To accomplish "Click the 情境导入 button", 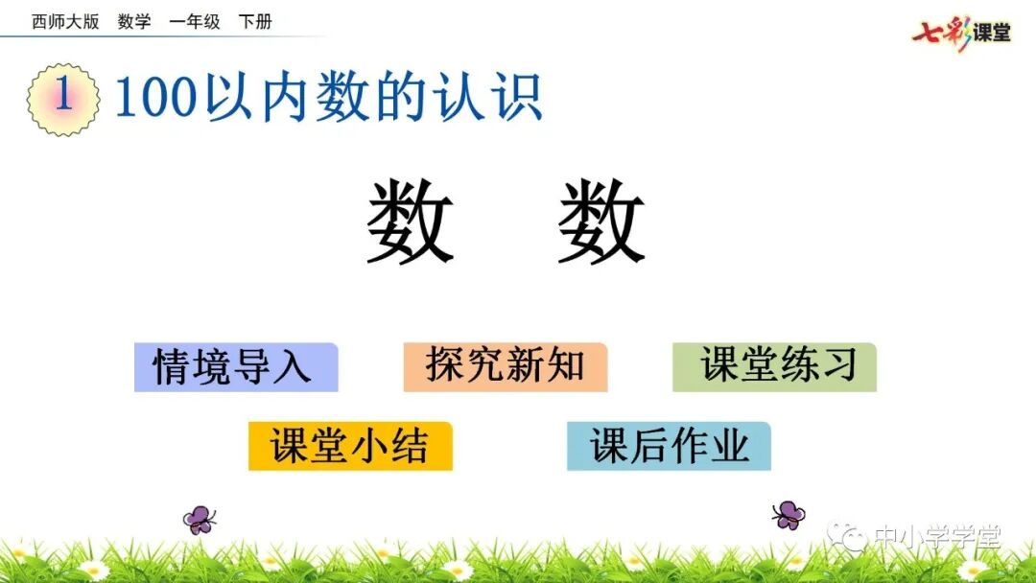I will point(235,367).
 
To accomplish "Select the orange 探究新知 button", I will point(506,367).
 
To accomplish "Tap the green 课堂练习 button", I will point(775,367).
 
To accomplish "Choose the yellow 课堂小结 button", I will point(350,446).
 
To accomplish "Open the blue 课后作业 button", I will point(669,446).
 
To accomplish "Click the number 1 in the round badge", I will point(63,98).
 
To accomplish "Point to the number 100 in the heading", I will point(155,98).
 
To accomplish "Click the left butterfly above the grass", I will point(200,520).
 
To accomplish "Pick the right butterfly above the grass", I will point(789,515).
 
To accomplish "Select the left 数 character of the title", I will point(410,223).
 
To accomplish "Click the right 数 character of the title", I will point(601,223).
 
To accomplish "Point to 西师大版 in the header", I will point(65,22).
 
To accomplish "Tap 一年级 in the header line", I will point(195,22).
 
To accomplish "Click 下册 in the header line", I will point(255,22).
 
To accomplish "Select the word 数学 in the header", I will point(134,22).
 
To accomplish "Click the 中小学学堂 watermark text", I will point(936,538).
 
